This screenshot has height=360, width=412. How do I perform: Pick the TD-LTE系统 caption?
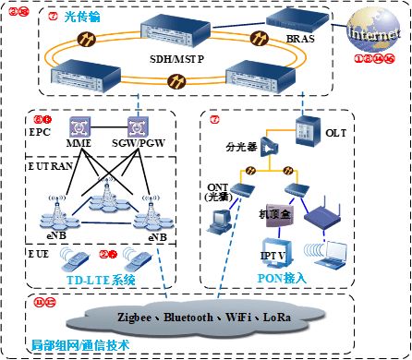[x=101, y=278]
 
